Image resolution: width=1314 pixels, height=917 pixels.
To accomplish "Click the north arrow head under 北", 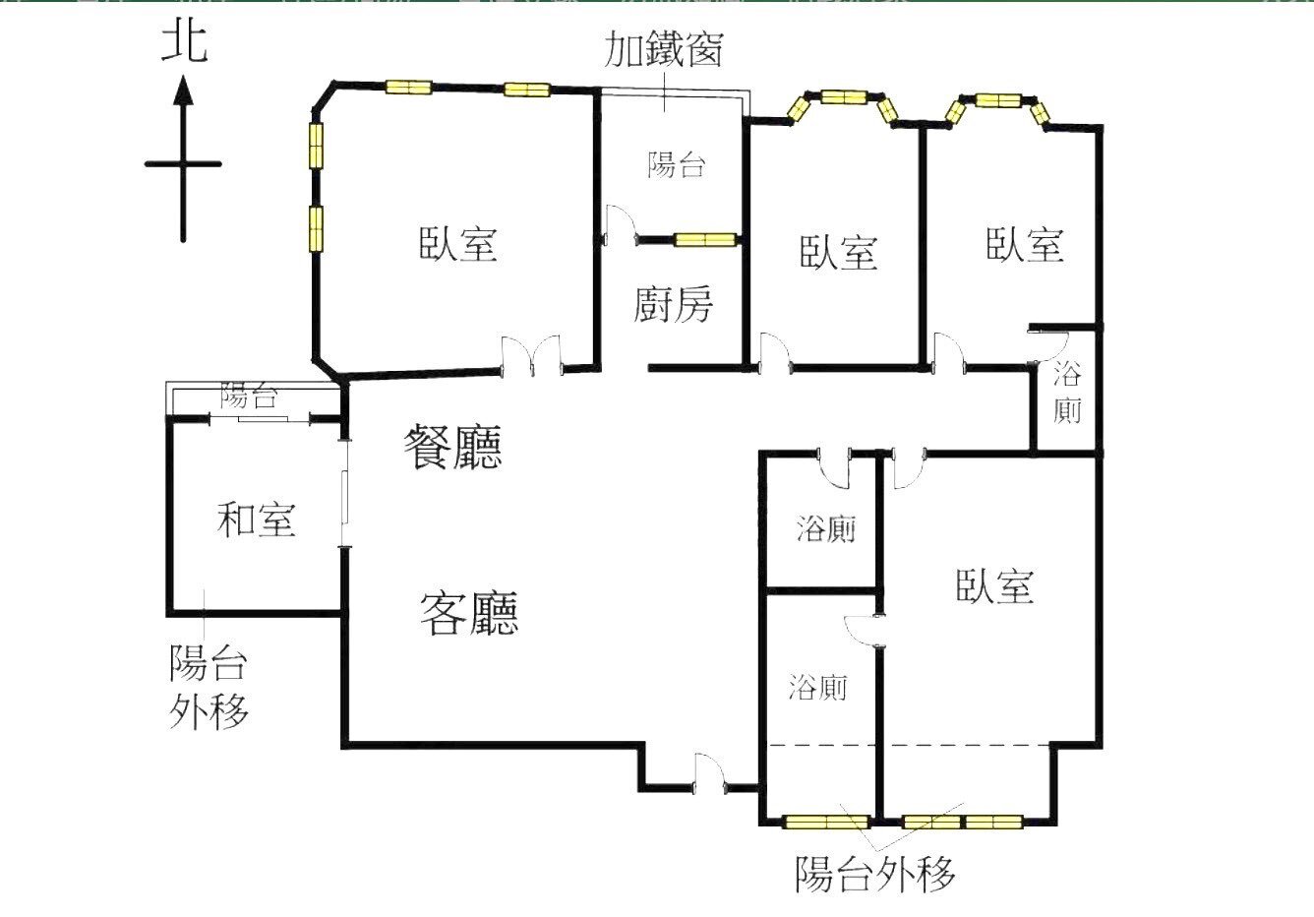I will [x=183, y=92].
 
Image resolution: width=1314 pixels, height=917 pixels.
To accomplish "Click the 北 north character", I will [x=185, y=43].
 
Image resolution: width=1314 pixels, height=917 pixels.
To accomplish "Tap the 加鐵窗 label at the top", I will [x=664, y=49].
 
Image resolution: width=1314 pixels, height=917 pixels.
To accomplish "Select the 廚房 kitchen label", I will [x=673, y=305].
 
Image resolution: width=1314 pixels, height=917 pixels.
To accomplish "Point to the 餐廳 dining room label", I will [x=453, y=448].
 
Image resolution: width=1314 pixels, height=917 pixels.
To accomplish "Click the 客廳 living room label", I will [x=469, y=613].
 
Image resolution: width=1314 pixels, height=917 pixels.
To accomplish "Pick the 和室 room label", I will [x=256, y=519].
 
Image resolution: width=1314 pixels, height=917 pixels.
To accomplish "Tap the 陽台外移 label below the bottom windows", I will [x=874, y=873].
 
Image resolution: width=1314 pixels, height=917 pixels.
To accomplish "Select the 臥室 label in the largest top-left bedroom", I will [x=458, y=243].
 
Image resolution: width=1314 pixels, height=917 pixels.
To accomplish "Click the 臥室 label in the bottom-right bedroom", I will [x=994, y=586].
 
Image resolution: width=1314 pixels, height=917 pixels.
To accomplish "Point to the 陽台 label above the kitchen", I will [x=677, y=164].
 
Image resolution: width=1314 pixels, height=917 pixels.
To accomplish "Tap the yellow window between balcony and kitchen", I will [x=705, y=239].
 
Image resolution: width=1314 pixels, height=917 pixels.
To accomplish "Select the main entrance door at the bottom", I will [x=709, y=773].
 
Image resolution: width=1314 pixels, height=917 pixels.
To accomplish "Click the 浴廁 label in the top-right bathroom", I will [x=1067, y=392].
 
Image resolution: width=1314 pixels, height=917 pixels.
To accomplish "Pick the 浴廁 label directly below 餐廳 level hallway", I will [x=825, y=529].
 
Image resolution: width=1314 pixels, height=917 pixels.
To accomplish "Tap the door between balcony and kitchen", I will [x=621, y=226].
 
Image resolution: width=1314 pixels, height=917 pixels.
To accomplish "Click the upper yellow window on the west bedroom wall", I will [x=316, y=146].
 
